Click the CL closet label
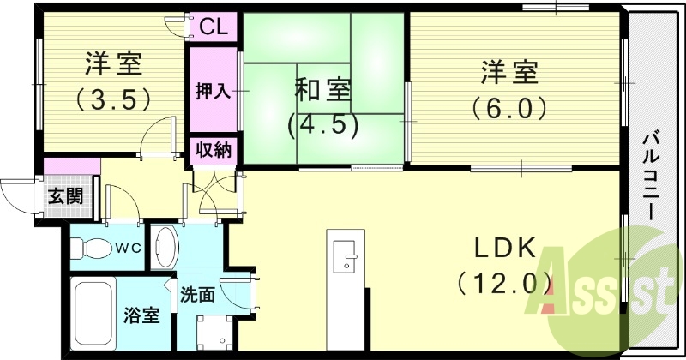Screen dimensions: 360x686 pyautogui.click(x=214, y=27)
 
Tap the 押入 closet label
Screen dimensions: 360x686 pyautogui.click(x=213, y=90)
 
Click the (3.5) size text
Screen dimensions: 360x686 pyautogui.click(x=114, y=99)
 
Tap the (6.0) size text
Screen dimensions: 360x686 pyautogui.click(x=508, y=108)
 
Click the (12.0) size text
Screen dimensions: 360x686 pyautogui.click(x=502, y=282)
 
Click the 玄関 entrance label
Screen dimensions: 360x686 pyautogui.click(x=64, y=196)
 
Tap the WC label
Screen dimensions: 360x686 pyautogui.click(x=129, y=249)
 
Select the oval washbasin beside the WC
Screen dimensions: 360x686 pyautogui.click(x=165, y=248)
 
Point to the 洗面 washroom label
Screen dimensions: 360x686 pyautogui.click(x=197, y=296)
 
